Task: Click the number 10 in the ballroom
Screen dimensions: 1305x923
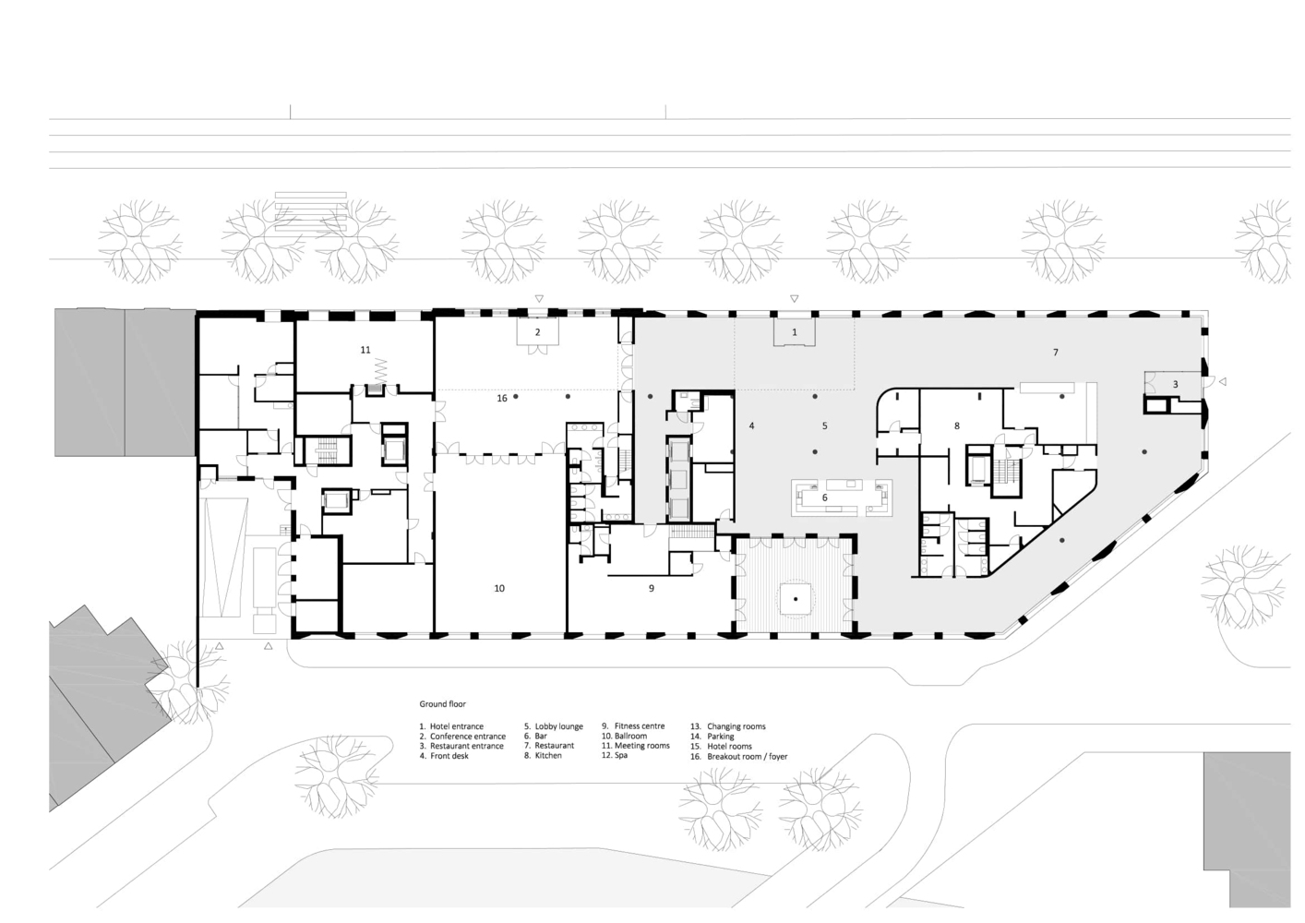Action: click(499, 589)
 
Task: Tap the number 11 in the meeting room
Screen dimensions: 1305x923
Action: click(365, 350)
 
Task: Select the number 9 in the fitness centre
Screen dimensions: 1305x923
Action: click(652, 589)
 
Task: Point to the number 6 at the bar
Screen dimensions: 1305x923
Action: click(824, 497)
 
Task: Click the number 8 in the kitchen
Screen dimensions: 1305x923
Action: click(957, 426)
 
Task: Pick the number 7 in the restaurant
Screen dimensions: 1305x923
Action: click(1056, 352)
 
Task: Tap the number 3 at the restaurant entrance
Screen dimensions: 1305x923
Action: click(1175, 385)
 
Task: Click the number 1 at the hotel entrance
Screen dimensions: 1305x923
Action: click(794, 332)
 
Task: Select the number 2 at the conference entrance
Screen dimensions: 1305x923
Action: click(538, 332)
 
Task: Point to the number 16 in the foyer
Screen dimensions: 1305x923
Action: click(502, 398)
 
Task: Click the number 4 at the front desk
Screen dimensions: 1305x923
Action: click(751, 426)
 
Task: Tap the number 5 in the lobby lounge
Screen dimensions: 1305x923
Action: click(824, 426)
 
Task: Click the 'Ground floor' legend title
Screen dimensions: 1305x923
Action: click(443, 704)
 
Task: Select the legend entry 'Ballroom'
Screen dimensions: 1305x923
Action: click(631, 736)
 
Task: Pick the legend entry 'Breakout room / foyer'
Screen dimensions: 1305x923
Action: click(748, 756)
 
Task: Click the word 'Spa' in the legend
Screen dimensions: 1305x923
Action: click(621, 755)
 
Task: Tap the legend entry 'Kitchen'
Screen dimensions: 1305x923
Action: click(548, 755)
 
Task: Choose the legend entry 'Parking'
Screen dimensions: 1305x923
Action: click(721, 736)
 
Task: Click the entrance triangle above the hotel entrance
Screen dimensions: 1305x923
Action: click(794, 299)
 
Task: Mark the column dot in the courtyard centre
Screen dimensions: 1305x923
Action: click(796, 599)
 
